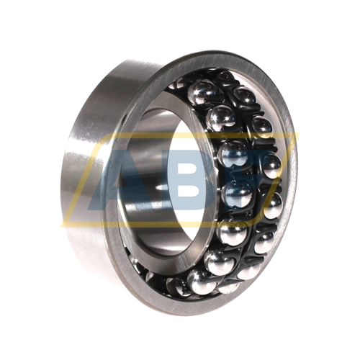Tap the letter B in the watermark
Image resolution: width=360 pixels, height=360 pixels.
click(x=192, y=179)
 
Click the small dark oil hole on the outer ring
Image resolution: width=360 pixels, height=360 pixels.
click(x=124, y=118)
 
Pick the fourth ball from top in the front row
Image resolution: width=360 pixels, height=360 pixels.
click(x=238, y=194)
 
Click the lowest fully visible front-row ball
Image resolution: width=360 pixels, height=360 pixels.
click(x=201, y=282)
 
